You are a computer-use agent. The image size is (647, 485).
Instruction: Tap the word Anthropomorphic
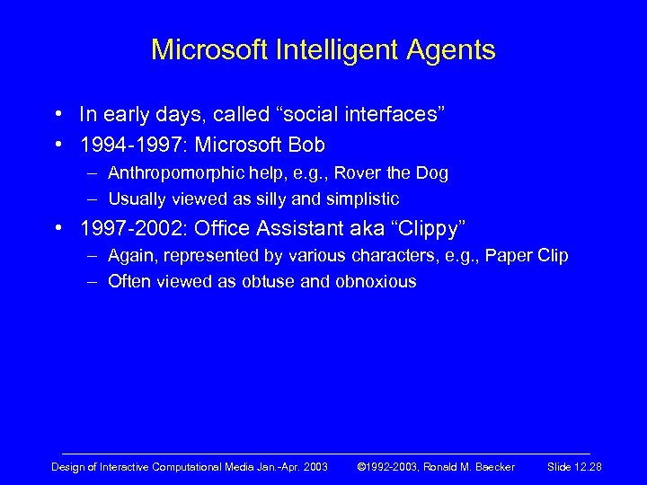click(171, 172)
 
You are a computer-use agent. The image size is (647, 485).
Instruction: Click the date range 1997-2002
click(129, 227)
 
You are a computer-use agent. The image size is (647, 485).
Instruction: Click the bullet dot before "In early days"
click(58, 114)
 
